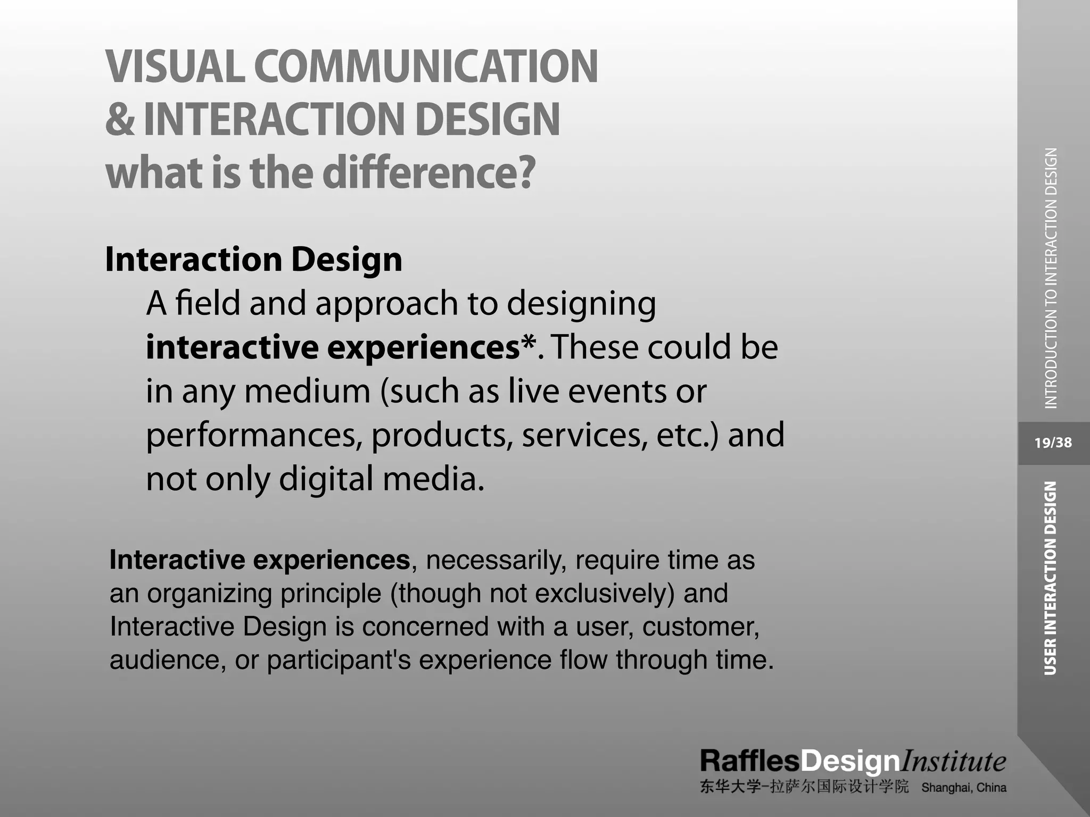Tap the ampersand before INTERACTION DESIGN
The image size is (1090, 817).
[120, 119]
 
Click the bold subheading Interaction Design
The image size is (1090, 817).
[253, 260]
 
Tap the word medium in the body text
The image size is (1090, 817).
[307, 391]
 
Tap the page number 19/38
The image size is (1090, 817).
[1053, 443]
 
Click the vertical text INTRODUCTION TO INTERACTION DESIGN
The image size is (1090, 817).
[1051, 278]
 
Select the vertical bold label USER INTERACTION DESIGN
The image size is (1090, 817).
[1050, 578]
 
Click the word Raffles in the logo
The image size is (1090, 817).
[749, 761]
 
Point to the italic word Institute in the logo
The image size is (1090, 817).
[953, 761]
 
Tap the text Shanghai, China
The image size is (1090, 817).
[963, 788]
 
